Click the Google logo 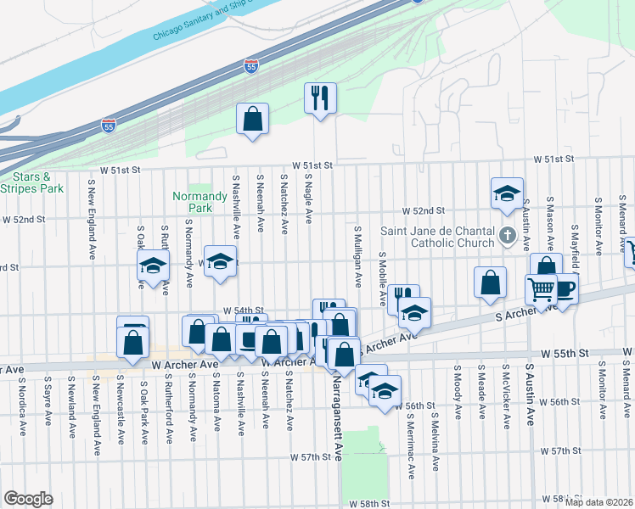[x=28, y=499]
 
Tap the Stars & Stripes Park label [x=32, y=182]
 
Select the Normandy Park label [x=192, y=201]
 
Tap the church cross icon [x=508, y=235]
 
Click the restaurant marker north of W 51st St [x=321, y=98]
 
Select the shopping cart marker [x=542, y=290]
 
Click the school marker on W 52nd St [x=507, y=193]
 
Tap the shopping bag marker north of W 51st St [x=253, y=119]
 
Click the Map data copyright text [x=599, y=501]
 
